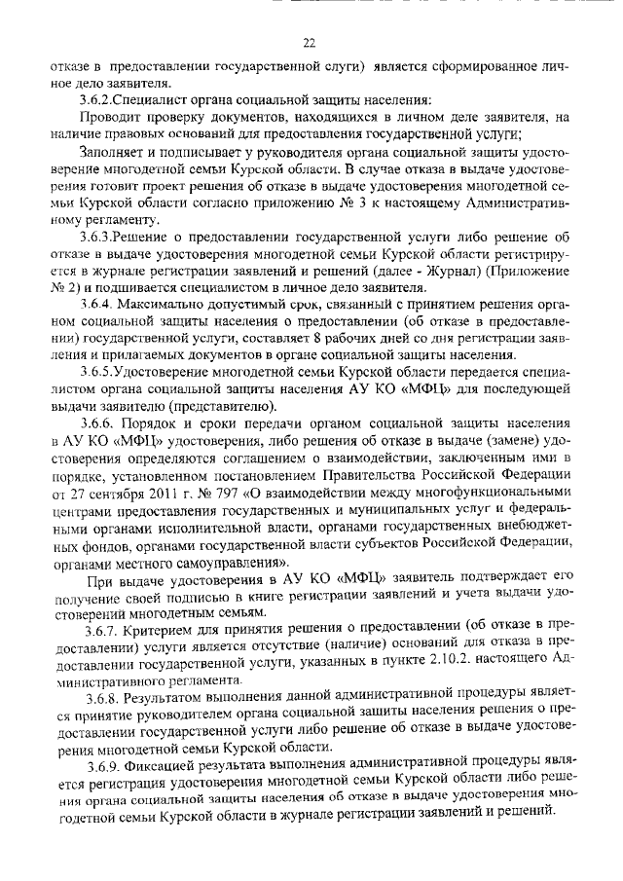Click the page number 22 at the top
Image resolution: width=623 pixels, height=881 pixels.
[x=310, y=44]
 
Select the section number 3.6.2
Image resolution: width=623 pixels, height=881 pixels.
[x=100, y=99]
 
